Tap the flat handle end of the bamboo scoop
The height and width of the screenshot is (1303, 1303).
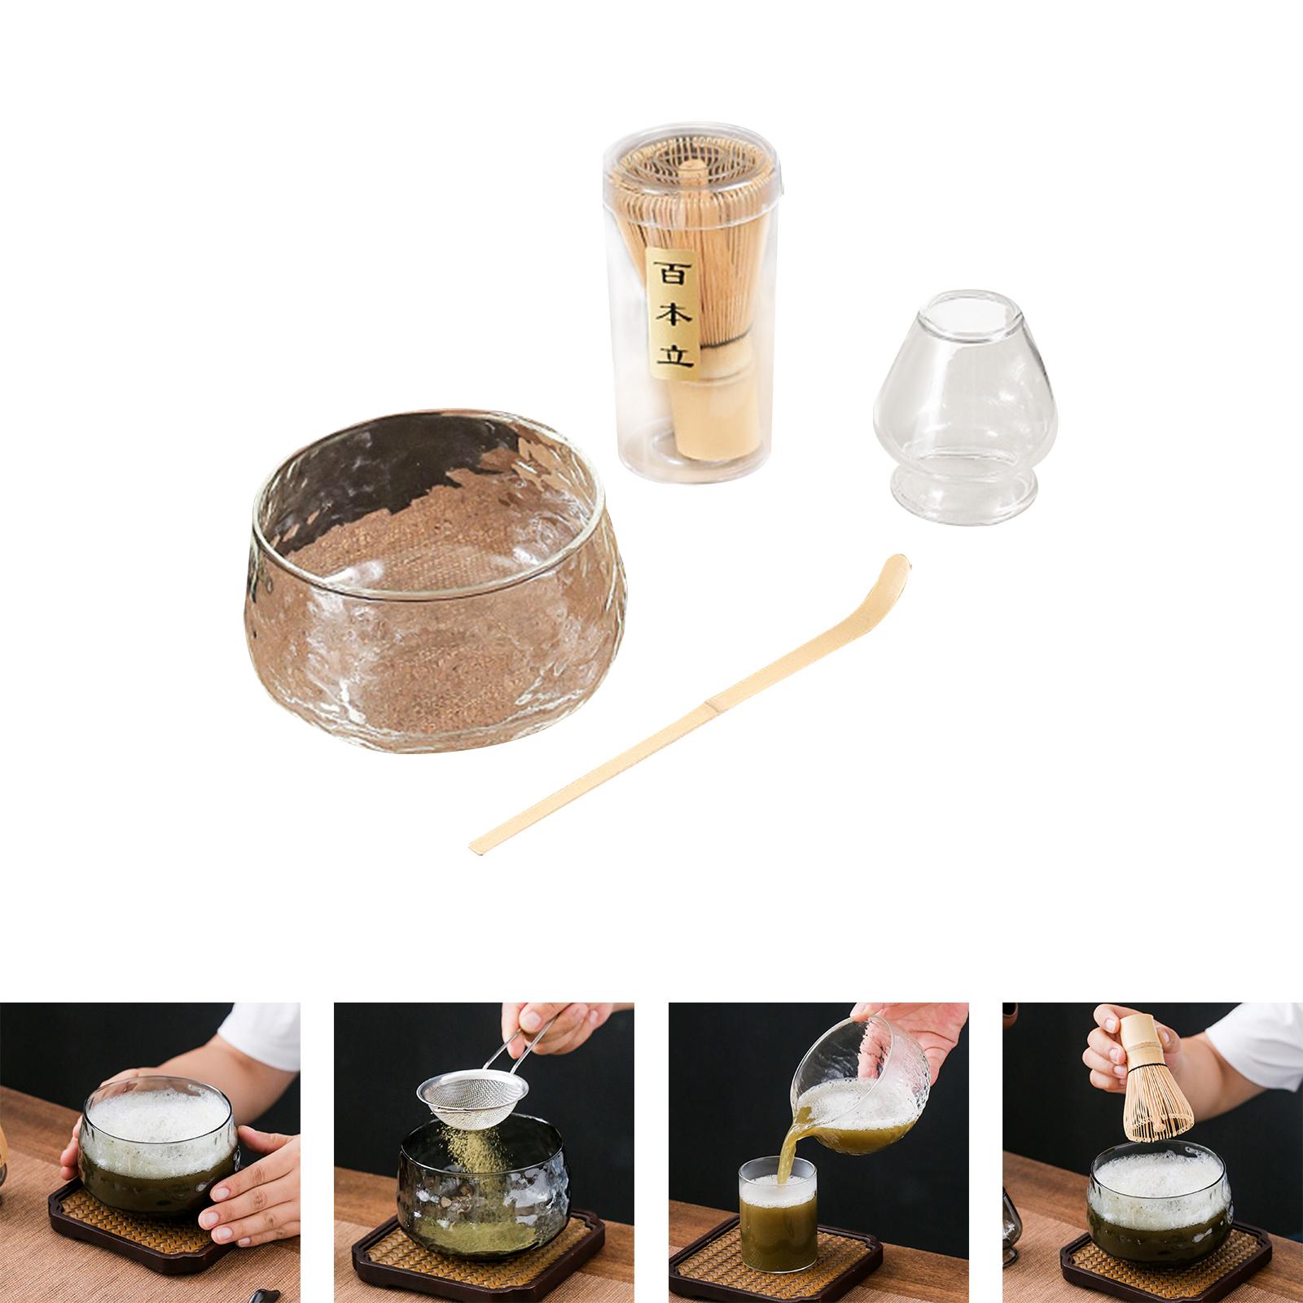coord(477,847)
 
